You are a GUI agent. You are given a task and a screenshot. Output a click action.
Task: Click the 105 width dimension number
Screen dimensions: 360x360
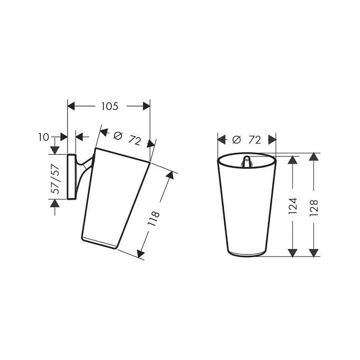tap(110, 106)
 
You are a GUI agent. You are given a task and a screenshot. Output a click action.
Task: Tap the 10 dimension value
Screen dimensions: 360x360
tap(43, 137)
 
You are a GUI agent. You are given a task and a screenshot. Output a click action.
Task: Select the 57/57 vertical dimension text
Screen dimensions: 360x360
tap(56, 179)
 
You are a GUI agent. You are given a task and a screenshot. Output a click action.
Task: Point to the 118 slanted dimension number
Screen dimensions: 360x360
tap(154, 219)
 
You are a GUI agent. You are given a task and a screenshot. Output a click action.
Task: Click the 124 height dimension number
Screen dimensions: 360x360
tap(292, 206)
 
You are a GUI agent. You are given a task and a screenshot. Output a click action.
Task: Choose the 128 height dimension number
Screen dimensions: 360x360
tap(313, 208)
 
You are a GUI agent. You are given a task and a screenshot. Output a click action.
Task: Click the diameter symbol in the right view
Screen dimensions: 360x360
tap(236, 140)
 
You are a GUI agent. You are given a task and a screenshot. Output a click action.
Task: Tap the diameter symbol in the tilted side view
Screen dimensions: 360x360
tap(118, 136)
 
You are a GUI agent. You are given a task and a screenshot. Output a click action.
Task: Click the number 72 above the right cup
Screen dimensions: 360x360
tap(254, 140)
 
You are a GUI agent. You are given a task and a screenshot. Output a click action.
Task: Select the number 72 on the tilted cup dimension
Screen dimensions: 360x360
tap(134, 140)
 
